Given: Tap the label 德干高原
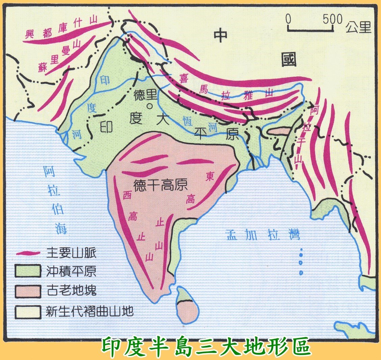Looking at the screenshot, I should coord(160,185).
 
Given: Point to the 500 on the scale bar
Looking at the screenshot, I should coord(332,19).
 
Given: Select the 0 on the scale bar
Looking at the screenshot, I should coord(288,19).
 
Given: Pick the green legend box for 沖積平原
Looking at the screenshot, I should coord(28,271).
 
